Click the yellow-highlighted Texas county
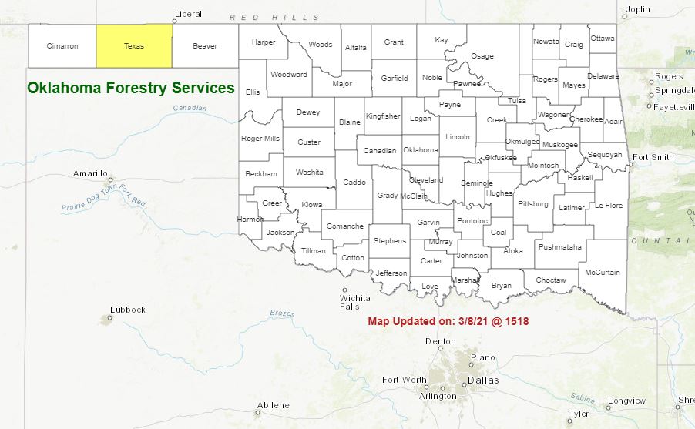coord(134,46)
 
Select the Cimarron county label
coord(62,46)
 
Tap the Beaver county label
coord(205,46)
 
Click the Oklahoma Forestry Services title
coord(131,89)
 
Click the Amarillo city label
coord(90,173)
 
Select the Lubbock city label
coord(128,310)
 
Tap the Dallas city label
coord(483,380)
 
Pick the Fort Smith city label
coord(653,158)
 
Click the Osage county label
coord(482,56)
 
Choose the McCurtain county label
coord(603,273)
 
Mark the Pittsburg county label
coord(533,204)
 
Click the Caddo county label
coord(354,183)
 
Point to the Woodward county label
coord(289,75)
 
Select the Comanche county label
coord(344,226)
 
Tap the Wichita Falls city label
coord(355,302)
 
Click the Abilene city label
coord(274,405)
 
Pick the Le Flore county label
coord(609,206)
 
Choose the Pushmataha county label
coord(560,247)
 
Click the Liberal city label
coord(188,14)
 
